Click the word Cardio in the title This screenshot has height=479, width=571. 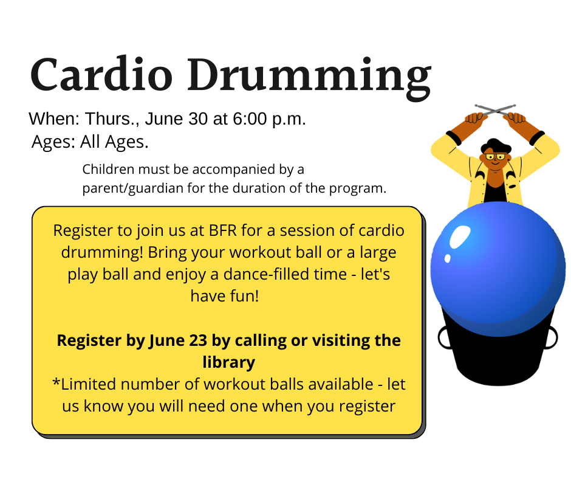(101, 74)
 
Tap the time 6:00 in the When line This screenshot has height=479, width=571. (250, 119)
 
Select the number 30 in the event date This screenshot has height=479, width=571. (198, 119)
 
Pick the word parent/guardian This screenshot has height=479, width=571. (133, 188)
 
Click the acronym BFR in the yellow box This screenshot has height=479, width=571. (223, 230)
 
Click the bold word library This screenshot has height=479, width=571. (228, 363)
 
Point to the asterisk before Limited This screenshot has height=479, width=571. (56, 382)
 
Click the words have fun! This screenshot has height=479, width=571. (225, 296)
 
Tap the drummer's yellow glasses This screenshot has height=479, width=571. (496, 157)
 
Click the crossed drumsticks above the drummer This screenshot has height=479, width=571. (495, 110)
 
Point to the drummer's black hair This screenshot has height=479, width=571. (496, 145)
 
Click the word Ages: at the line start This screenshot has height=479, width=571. (53, 142)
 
